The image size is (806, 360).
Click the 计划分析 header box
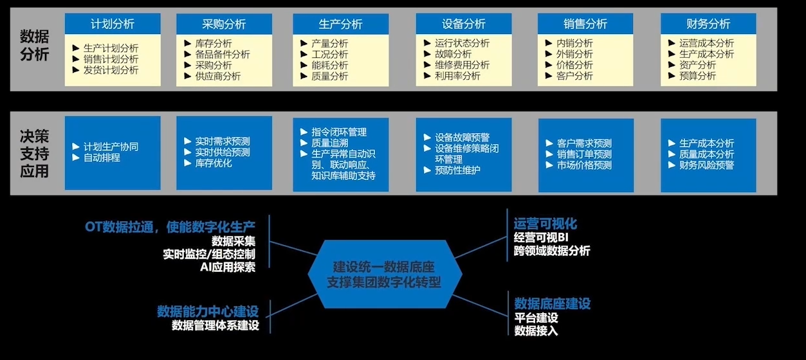click(x=113, y=24)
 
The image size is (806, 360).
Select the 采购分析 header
click(x=224, y=24)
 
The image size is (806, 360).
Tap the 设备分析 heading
click(x=463, y=24)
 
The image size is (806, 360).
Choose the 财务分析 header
click(x=708, y=24)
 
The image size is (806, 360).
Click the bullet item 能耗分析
click(x=329, y=65)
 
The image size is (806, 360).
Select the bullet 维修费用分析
click(x=462, y=65)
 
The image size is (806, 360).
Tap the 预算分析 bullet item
click(x=697, y=76)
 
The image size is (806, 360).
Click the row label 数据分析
click(x=34, y=46)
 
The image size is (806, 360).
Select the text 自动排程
click(x=102, y=157)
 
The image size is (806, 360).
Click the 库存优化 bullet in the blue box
click(x=214, y=163)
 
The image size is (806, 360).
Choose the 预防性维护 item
click(x=457, y=170)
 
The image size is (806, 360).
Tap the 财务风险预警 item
click(x=706, y=165)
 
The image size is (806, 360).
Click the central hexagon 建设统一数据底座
click(x=385, y=274)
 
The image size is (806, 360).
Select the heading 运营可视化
click(x=545, y=224)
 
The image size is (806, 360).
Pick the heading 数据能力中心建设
click(x=212, y=311)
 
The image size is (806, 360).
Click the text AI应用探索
click(x=228, y=267)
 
